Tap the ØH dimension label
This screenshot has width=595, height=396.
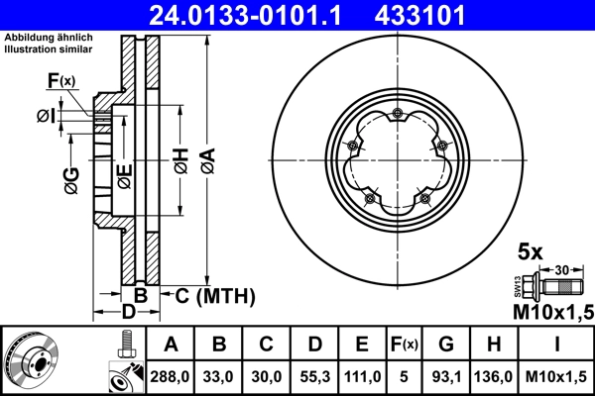pos(180,161)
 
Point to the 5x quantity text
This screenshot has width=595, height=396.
pos(532,252)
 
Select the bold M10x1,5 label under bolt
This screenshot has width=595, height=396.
pos(551,313)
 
